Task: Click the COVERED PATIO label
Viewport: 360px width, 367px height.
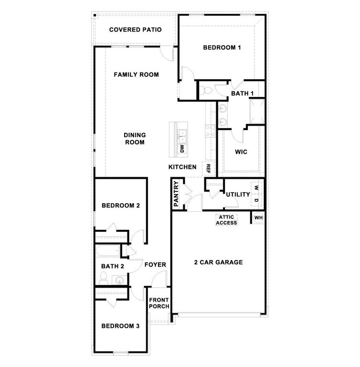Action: tap(135, 30)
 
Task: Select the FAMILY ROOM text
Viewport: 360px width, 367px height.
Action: tap(136, 75)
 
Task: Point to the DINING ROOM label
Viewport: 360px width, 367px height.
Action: tap(135, 139)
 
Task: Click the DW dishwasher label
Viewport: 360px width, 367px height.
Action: tap(182, 148)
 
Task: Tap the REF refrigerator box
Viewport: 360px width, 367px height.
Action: tap(208, 168)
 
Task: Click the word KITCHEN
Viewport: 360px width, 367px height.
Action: tap(182, 167)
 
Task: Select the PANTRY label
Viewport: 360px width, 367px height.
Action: tap(176, 194)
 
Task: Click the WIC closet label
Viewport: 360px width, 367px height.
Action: tap(241, 152)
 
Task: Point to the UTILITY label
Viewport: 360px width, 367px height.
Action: tap(238, 194)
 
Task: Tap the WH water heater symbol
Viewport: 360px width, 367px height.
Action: tap(258, 217)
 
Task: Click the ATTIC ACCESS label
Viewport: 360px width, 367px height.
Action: tap(227, 219)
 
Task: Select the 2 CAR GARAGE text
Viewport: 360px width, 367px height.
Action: tap(218, 262)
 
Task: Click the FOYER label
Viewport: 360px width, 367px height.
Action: tap(155, 264)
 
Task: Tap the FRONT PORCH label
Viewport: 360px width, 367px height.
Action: tap(159, 303)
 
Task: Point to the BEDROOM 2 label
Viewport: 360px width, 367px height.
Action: tap(120, 205)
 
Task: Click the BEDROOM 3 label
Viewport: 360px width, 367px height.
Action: tap(120, 326)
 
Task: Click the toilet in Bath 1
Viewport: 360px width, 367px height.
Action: tap(206, 90)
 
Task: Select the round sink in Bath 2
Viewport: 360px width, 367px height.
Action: tap(119, 280)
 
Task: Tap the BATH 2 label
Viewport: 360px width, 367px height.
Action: tap(113, 266)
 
